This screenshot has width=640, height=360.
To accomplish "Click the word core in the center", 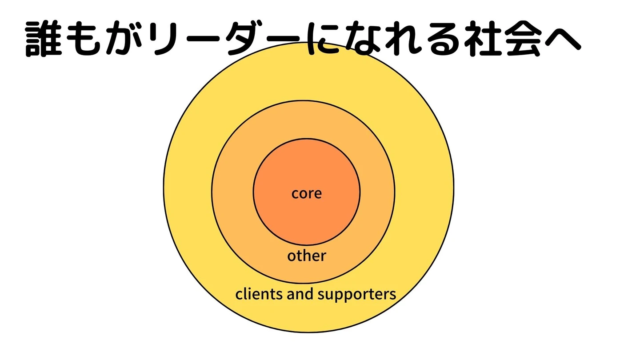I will (306, 193).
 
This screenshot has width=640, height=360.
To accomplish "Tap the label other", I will (306, 256).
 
